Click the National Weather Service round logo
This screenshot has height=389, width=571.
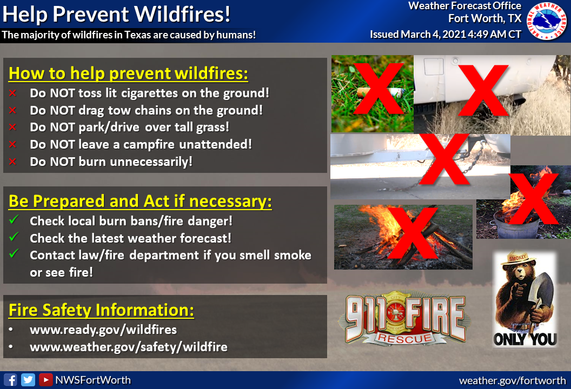(547, 21)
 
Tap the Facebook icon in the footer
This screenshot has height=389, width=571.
(11, 380)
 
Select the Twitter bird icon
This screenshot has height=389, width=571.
(28, 380)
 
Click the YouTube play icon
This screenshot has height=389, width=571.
(46, 380)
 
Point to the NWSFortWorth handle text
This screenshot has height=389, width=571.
(93, 380)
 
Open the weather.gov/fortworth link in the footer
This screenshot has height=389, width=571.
(513, 381)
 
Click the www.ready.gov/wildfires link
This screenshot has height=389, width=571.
(103, 330)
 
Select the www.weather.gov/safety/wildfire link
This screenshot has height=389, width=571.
(129, 347)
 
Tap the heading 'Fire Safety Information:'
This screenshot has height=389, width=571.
(101, 311)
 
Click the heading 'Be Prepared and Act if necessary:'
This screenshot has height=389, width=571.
(140, 201)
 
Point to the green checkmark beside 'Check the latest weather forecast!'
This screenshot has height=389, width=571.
(14, 237)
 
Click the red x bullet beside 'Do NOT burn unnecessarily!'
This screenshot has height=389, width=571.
(13, 161)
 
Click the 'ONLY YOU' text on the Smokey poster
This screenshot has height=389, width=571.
(525, 339)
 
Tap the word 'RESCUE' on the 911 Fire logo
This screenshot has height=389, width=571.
(404, 338)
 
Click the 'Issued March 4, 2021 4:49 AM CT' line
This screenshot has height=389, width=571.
(446, 34)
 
